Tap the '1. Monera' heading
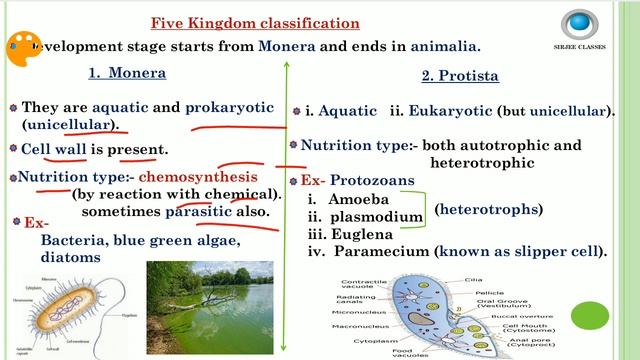(126, 73)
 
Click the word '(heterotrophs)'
(489, 210)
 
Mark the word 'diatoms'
(71, 257)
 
